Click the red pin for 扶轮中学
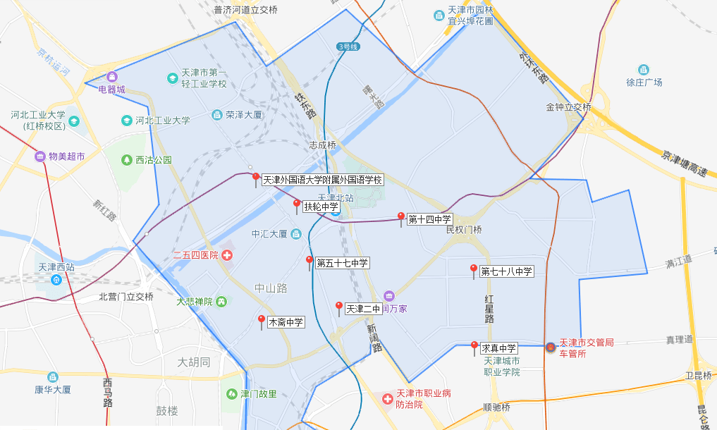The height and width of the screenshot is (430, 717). [x=297, y=205]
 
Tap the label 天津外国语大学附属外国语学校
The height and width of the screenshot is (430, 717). [x=322, y=180]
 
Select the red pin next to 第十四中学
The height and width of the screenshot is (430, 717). [x=401, y=218]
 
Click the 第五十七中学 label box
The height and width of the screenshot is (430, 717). [x=342, y=263]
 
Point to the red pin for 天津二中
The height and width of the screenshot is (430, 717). [x=339, y=307]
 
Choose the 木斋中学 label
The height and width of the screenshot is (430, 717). [x=286, y=322]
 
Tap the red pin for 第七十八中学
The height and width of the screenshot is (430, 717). [x=474, y=270]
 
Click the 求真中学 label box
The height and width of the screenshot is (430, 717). [x=499, y=348]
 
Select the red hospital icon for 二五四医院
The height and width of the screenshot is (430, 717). [x=227, y=254]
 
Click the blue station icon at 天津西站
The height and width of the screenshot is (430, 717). [x=56, y=279]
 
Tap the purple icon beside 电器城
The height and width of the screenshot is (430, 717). [x=111, y=77]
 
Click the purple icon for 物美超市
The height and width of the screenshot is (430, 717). [x=40, y=156]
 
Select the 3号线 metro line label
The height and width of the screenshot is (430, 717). [x=348, y=47]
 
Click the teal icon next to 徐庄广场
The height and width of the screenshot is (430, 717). [x=643, y=69]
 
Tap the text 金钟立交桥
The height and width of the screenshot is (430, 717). [x=568, y=107]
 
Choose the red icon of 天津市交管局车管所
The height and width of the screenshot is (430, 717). [x=550, y=348]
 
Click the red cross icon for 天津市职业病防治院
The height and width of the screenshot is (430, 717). [x=387, y=399]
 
